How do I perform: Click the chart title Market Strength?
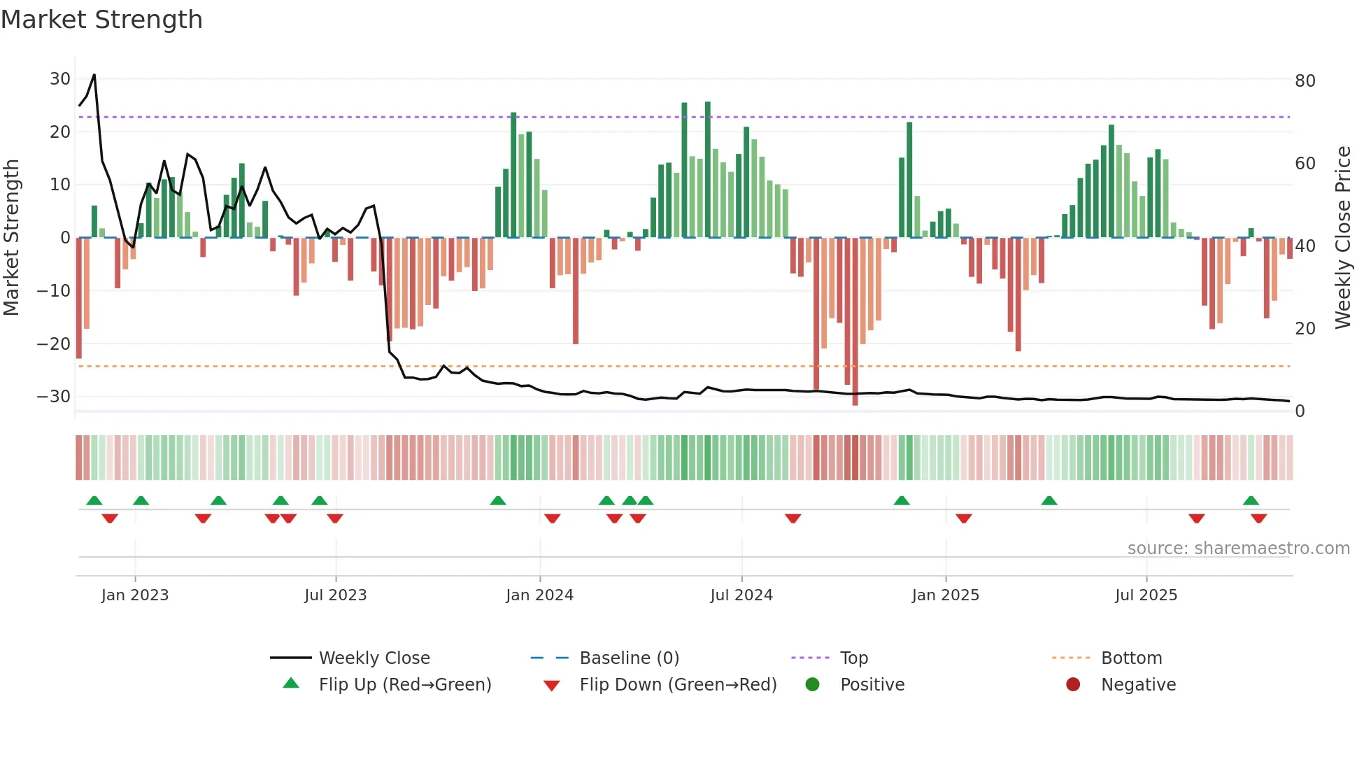[x=101, y=20]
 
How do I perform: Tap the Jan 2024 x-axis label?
[x=539, y=595]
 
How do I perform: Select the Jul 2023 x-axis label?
[x=335, y=595]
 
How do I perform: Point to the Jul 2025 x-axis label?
[x=1146, y=595]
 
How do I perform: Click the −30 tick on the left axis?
[x=54, y=397]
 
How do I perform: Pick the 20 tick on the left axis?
[x=59, y=132]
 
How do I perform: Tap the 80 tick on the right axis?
[x=1305, y=81]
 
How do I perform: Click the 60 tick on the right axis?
[x=1305, y=164]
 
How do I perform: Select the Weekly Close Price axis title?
[x=1342, y=238]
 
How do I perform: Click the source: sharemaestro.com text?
[x=1238, y=549]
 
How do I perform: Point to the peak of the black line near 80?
[x=94, y=76]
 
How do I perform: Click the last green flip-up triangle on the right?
[x=1251, y=500]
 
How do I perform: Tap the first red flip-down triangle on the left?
[x=110, y=518]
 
